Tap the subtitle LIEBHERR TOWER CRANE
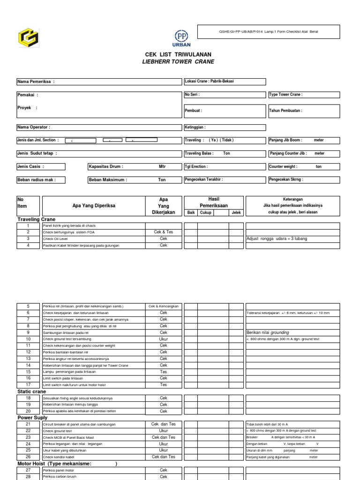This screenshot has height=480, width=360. [x=174, y=62]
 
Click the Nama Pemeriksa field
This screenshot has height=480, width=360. [x=98, y=82]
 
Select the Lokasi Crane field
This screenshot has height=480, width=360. [x=225, y=82]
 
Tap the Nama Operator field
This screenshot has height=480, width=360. [x=98, y=127]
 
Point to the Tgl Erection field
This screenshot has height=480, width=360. [x=225, y=166]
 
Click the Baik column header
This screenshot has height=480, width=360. [x=191, y=213]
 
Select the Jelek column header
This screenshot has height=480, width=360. [x=236, y=213]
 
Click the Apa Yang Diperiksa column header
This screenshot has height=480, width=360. [x=94, y=206]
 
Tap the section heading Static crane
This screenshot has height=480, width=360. [x=32, y=391]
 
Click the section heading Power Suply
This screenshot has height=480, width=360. [x=32, y=418]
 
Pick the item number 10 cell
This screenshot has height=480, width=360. [x=28, y=339]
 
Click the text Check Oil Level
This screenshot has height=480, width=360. [x=56, y=239]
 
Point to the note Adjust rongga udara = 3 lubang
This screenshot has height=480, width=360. [x=277, y=239]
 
